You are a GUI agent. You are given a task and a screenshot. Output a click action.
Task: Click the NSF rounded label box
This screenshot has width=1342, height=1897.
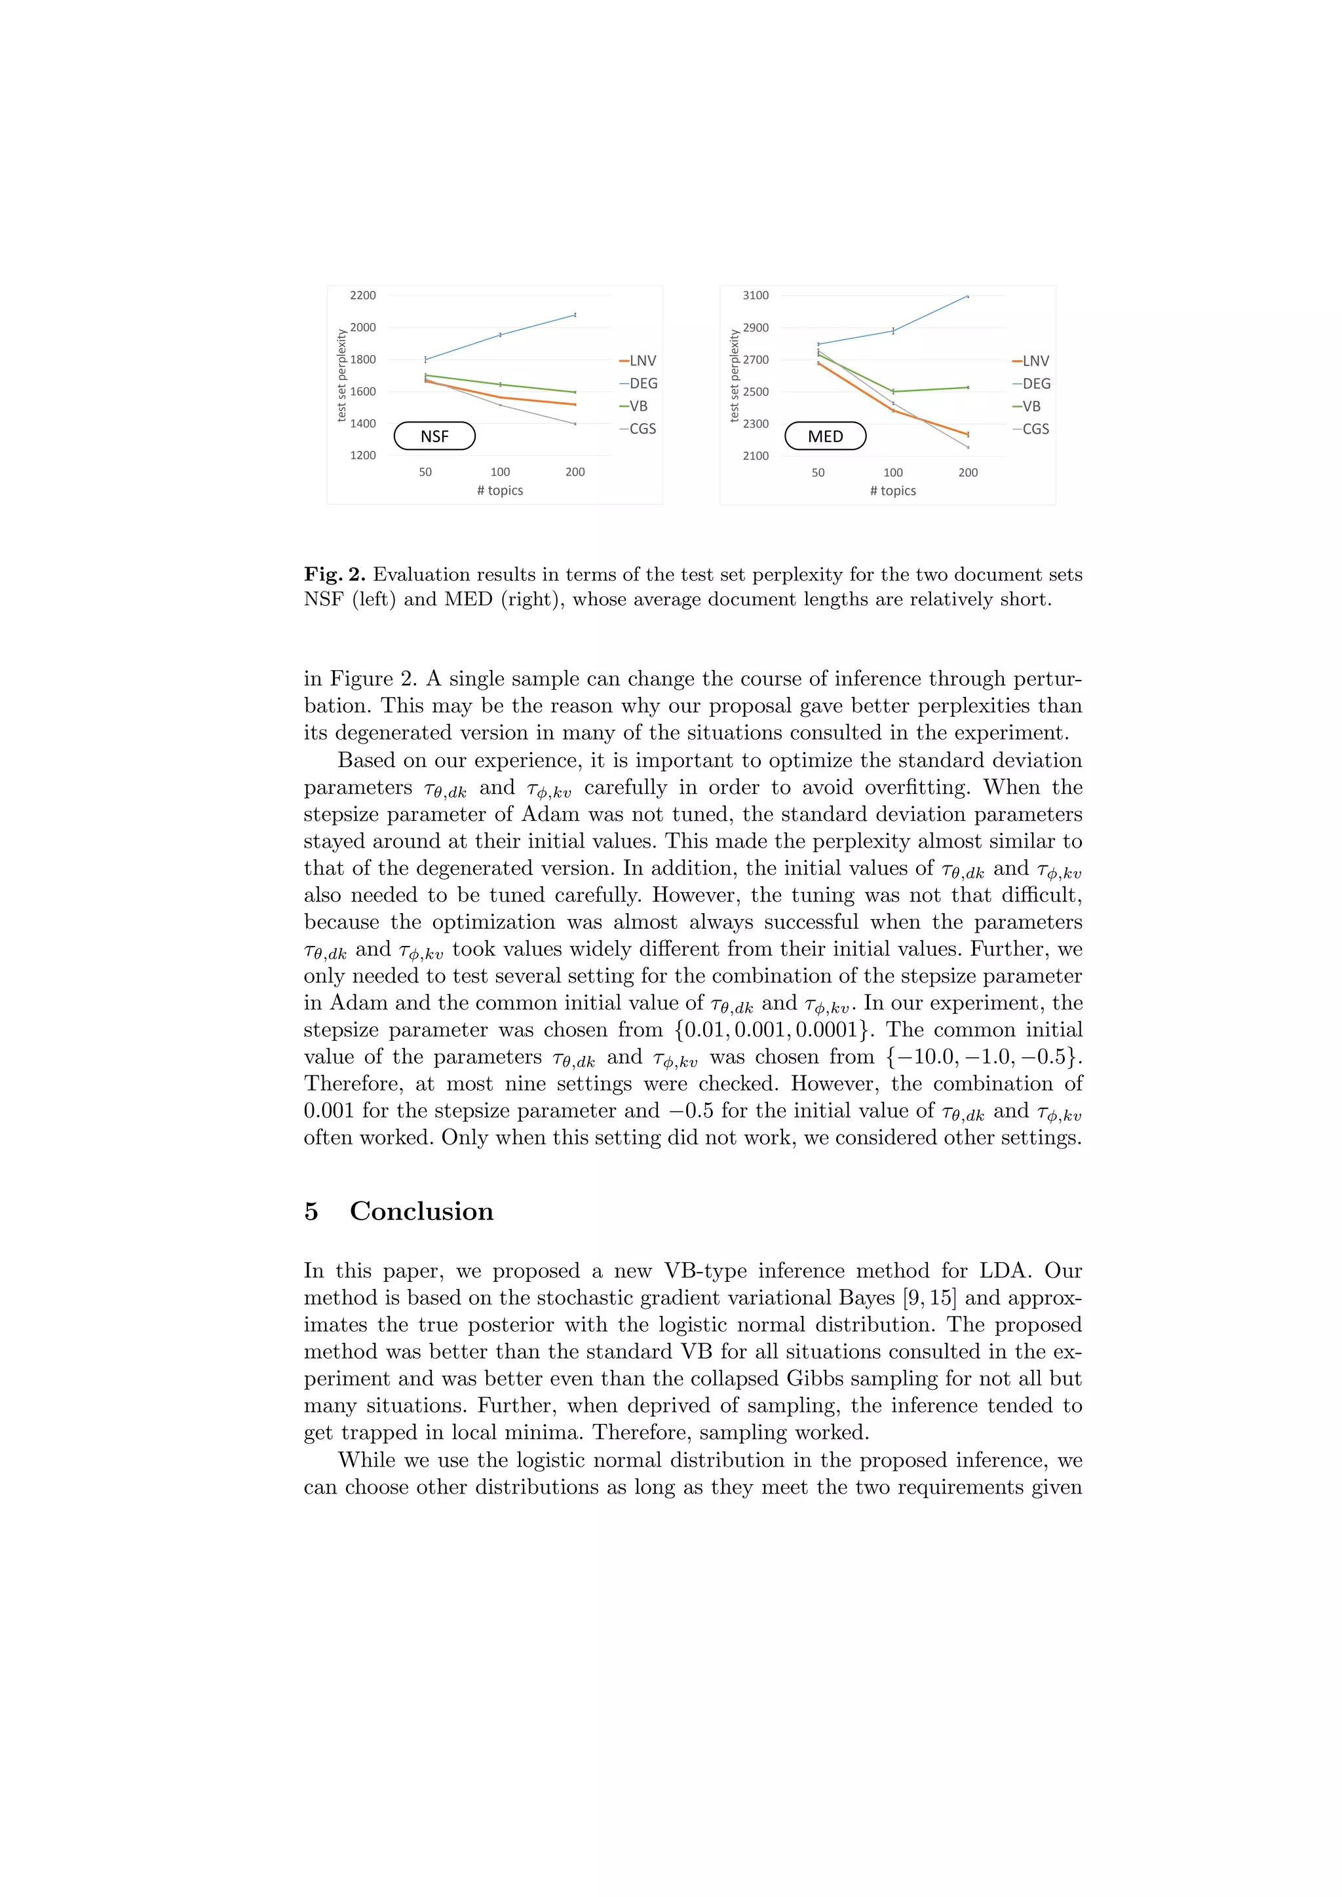coord(434,436)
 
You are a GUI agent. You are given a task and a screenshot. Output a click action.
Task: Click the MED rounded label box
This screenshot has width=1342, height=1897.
coord(826,436)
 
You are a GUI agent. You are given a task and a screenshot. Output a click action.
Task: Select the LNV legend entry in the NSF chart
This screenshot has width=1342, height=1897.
coord(638,361)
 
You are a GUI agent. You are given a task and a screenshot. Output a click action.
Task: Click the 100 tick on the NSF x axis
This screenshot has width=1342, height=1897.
coord(500,472)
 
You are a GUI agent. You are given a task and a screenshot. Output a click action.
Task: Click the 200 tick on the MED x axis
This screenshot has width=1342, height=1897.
coord(968,472)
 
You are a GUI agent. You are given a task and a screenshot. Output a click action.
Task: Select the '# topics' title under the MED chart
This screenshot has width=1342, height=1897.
coord(892,491)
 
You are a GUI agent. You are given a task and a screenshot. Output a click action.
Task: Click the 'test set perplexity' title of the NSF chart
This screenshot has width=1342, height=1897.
coord(341,376)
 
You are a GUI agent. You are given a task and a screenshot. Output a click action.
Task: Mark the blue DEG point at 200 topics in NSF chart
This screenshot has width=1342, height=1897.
coord(575,315)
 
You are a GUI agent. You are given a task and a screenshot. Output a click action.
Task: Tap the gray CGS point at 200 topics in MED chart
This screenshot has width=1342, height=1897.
coord(968,447)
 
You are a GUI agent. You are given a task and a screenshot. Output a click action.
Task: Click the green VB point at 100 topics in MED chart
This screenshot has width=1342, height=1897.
coord(893,392)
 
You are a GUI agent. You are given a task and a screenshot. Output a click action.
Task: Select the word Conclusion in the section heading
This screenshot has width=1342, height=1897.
coord(421,1211)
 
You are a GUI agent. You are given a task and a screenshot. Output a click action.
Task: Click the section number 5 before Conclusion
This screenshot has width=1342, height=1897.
coord(311,1211)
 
